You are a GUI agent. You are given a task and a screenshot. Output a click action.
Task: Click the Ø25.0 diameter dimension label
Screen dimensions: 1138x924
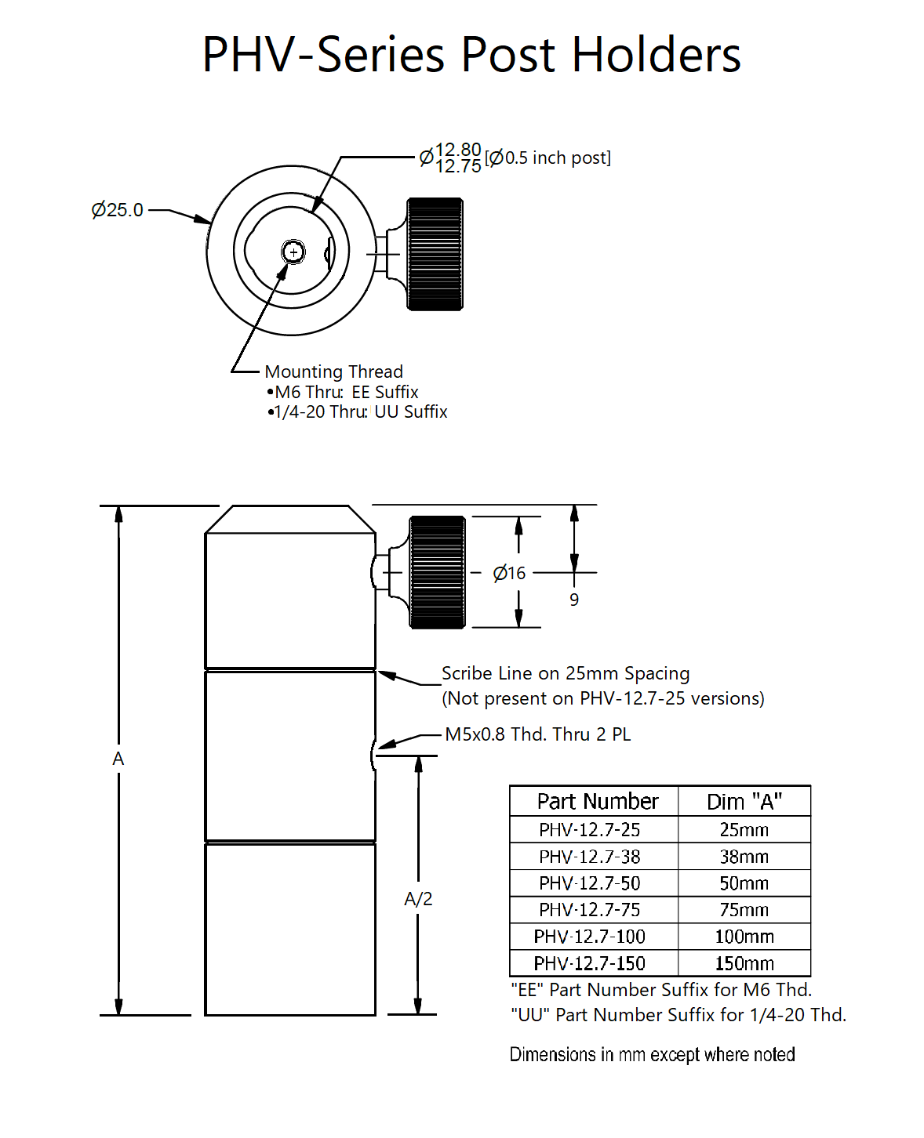coord(118,210)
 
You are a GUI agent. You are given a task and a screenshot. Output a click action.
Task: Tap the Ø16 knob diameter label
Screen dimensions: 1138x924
coord(509,574)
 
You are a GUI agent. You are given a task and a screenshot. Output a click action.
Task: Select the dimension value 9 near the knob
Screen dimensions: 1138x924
coord(574,600)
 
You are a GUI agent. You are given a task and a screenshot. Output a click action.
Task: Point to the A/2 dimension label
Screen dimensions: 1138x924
coord(418,899)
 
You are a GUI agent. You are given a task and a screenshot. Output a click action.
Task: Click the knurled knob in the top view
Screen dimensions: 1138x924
coord(435,254)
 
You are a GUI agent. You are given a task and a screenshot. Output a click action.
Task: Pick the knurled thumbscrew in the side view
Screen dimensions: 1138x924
coord(438,572)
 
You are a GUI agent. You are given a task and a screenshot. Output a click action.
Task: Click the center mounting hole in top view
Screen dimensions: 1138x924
coord(293,252)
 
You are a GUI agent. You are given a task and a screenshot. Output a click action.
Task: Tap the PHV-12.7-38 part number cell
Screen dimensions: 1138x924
coord(590,857)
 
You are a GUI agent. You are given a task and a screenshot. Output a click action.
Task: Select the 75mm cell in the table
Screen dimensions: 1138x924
coord(744,910)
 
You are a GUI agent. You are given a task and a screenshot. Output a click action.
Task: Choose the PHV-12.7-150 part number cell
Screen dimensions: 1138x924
coord(590,963)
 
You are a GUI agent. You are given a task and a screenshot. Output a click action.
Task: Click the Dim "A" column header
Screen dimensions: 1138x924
coord(744,802)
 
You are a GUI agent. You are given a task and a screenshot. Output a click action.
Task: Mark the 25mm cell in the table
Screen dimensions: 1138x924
coord(744,830)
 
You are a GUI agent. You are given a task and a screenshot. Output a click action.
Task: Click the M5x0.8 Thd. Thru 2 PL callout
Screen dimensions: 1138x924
coord(537,734)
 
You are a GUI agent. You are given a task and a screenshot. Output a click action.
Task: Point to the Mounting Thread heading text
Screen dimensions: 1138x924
coord(334,371)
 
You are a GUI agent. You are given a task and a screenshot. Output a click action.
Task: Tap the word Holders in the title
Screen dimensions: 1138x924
coord(656,55)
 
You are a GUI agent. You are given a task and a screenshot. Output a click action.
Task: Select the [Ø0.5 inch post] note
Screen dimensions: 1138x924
coord(547,158)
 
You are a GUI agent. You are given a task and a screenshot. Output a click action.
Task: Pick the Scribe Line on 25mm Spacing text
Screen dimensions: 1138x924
coord(566,673)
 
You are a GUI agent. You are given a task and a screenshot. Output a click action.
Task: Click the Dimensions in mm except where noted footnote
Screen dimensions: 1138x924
coord(652,1055)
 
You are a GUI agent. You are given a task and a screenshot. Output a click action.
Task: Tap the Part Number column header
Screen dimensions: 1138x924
coord(598,802)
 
